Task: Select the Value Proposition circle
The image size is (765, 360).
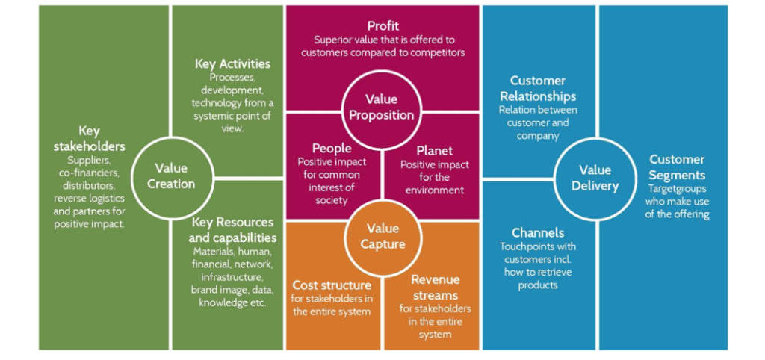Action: pos(382,108)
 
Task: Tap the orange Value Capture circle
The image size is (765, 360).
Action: pos(382,237)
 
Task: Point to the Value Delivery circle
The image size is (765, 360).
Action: pos(595,178)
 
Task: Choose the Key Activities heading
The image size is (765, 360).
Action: pos(233,64)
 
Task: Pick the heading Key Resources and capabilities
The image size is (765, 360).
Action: pos(233,230)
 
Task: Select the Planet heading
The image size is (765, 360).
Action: pos(435,151)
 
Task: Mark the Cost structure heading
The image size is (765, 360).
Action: pos(332,285)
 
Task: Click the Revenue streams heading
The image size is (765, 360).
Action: pos(436,288)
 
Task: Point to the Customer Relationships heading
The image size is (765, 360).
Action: pos(538,89)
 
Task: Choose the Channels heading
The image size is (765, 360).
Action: pos(538,233)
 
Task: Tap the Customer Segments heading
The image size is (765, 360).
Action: pos(677,167)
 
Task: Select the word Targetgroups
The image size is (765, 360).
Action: pos(678,189)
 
